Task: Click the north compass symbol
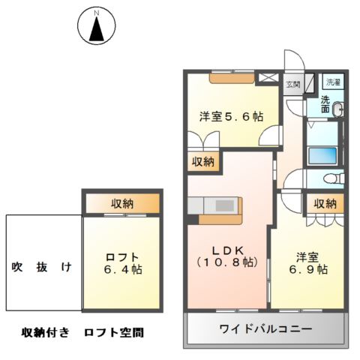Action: (x=95, y=28)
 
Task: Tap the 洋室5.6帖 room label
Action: (x=231, y=117)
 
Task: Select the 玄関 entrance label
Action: (x=292, y=85)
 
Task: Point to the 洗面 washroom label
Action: (x=326, y=104)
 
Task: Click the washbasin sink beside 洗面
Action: (x=338, y=110)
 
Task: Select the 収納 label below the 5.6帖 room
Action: (x=202, y=160)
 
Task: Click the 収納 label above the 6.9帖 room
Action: (x=325, y=203)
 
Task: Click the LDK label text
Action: (x=226, y=250)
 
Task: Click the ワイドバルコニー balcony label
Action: (x=265, y=328)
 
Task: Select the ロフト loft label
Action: (x=121, y=256)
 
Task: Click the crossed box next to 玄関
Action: (x=266, y=78)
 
